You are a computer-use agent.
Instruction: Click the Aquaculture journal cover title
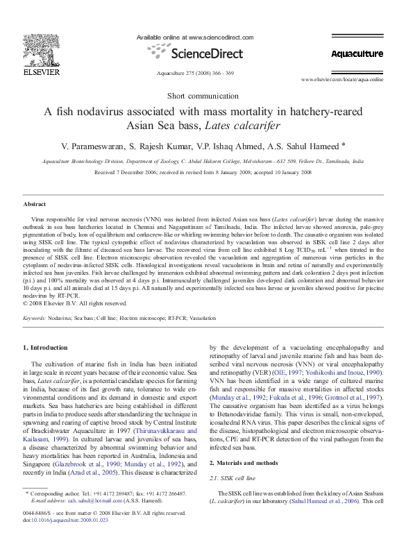pyautogui.click(x=356, y=53)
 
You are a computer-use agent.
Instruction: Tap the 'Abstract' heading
pyautogui.click(x=35, y=205)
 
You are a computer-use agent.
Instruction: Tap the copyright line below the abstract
pyautogui.click(x=75, y=303)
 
